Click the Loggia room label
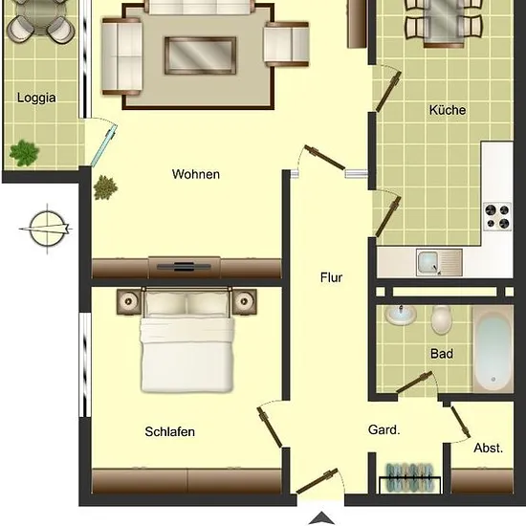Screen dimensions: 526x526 (36, 98)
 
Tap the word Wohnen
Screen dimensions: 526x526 (196, 174)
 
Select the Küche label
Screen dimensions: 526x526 (448, 110)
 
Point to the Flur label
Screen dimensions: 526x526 (332, 277)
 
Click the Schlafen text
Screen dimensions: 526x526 (169, 431)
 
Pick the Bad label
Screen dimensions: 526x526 (442, 354)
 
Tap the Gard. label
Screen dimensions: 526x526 (384, 429)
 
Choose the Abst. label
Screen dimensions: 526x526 (488, 448)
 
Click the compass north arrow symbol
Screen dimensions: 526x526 (46, 229)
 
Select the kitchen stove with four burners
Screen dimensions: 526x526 (497, 216)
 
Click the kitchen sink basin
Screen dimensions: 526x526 (427, 262)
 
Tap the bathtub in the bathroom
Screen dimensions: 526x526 (493, 349)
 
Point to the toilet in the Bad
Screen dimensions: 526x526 (442, 320)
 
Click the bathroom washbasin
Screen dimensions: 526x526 (401, 316)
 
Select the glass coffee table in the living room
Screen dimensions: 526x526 (200, 55)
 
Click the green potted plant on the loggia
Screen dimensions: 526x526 (24, 153)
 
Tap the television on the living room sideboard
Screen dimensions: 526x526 (184, 267)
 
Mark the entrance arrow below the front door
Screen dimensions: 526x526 (321, 518)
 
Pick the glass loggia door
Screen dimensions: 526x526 (104, 145)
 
